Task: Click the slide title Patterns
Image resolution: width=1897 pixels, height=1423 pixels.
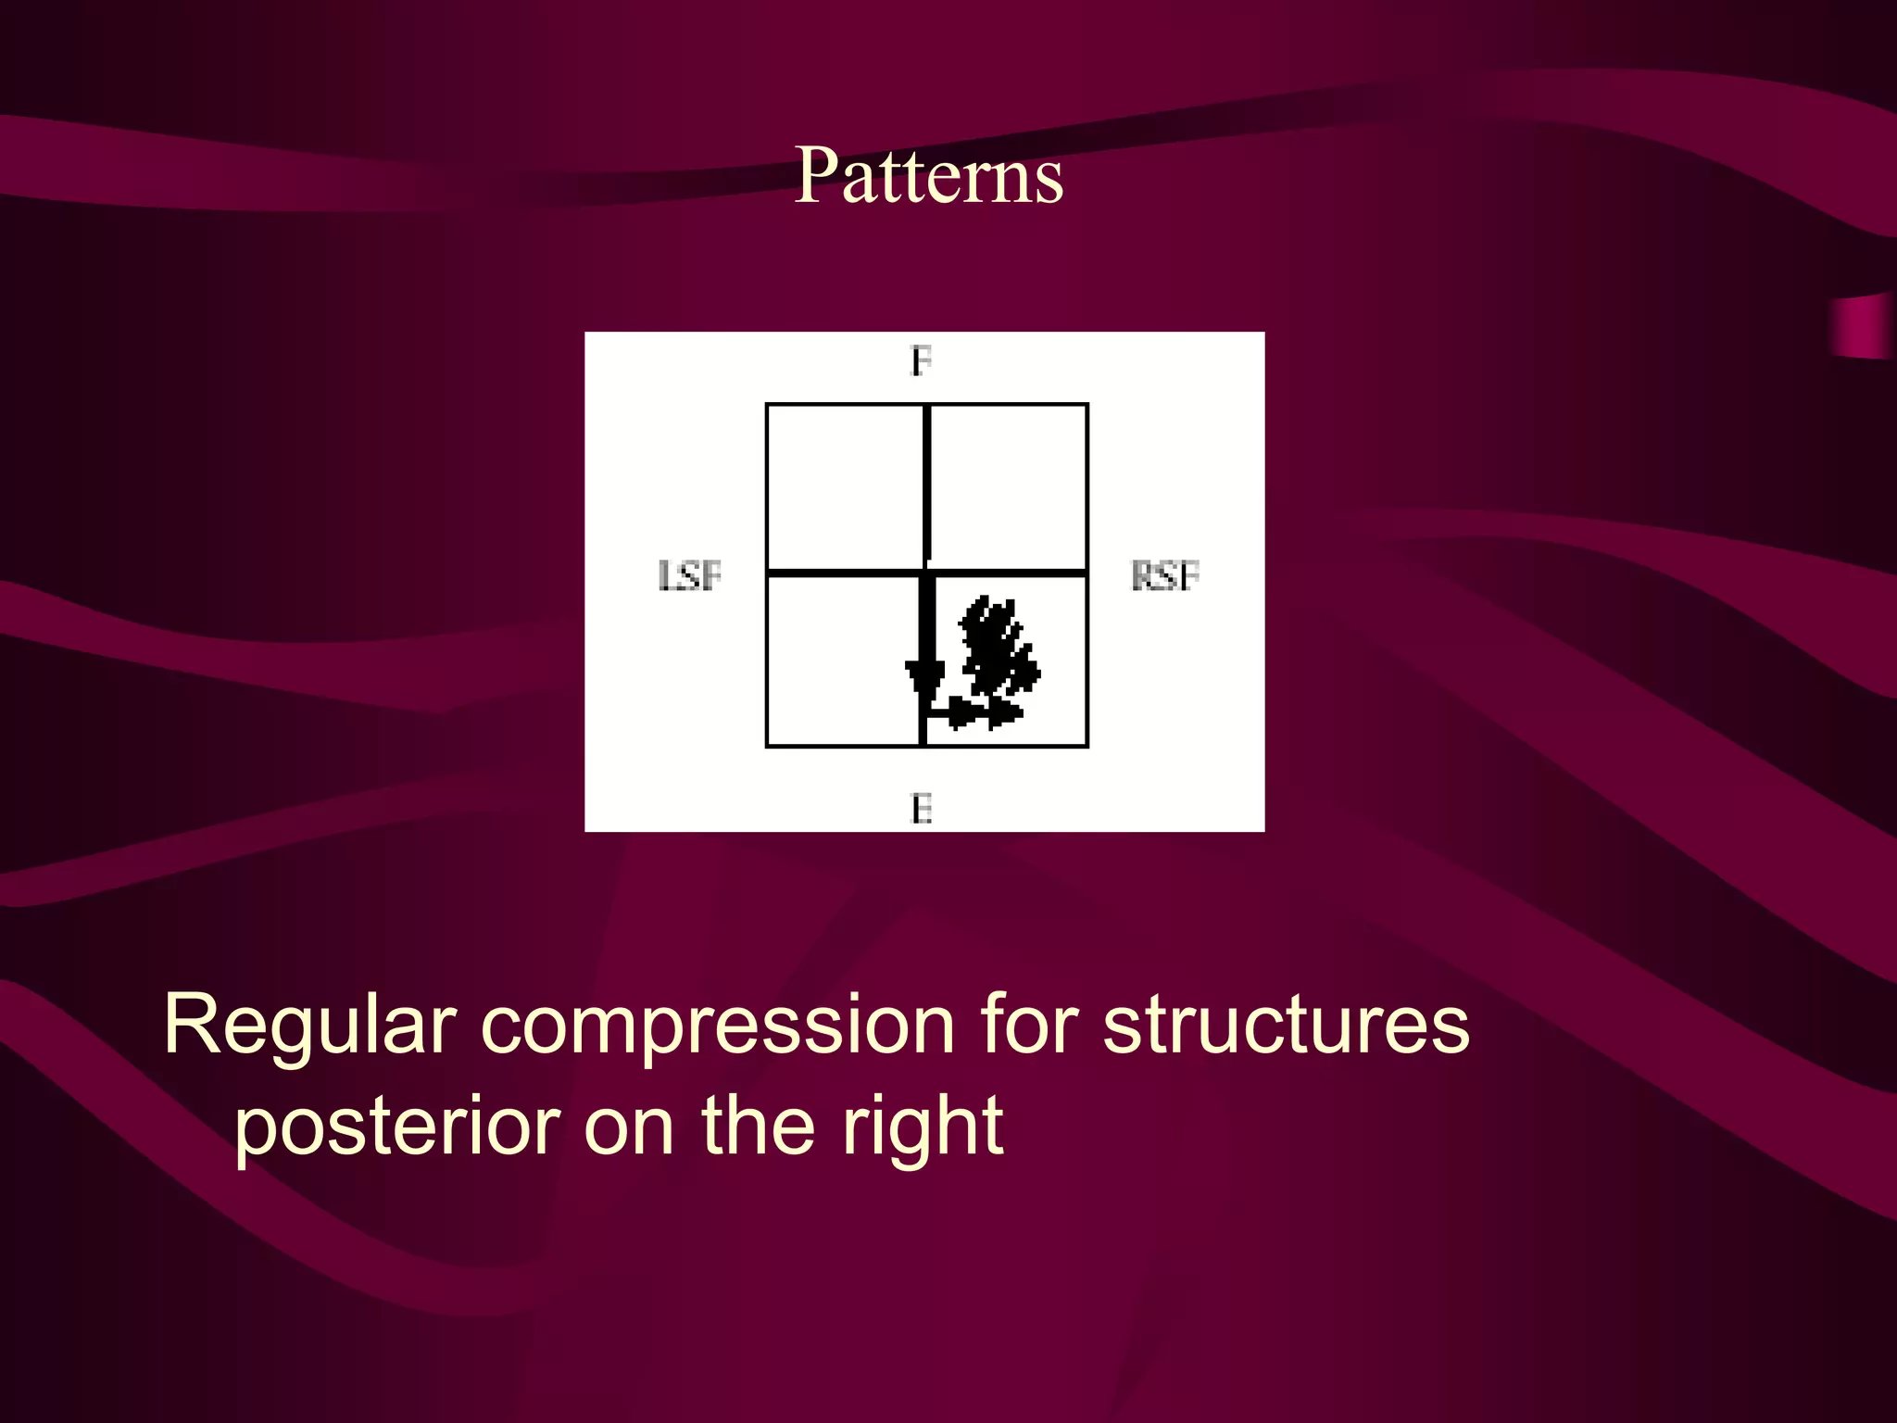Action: tap(929, 175)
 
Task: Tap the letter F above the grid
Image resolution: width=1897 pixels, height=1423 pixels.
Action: tap(921, 360)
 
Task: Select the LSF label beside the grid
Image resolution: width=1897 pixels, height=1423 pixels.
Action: tap(689, 575)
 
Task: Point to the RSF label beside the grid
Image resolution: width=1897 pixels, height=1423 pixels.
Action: tap(1165, 575)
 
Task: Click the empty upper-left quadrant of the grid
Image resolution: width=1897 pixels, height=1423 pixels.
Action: tap(845, 487)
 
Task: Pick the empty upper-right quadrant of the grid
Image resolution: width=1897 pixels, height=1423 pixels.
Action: tap(1008, 487)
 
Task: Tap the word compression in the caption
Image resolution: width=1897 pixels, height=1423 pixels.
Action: tap(718, 1026)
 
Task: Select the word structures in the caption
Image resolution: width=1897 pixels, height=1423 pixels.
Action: tap(1286, 1026)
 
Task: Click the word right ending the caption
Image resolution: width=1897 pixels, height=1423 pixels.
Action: tap(922, 1127)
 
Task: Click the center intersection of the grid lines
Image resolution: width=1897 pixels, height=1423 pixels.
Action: tap(925, 573)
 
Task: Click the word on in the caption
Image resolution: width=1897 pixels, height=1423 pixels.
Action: tap(629, 1127)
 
